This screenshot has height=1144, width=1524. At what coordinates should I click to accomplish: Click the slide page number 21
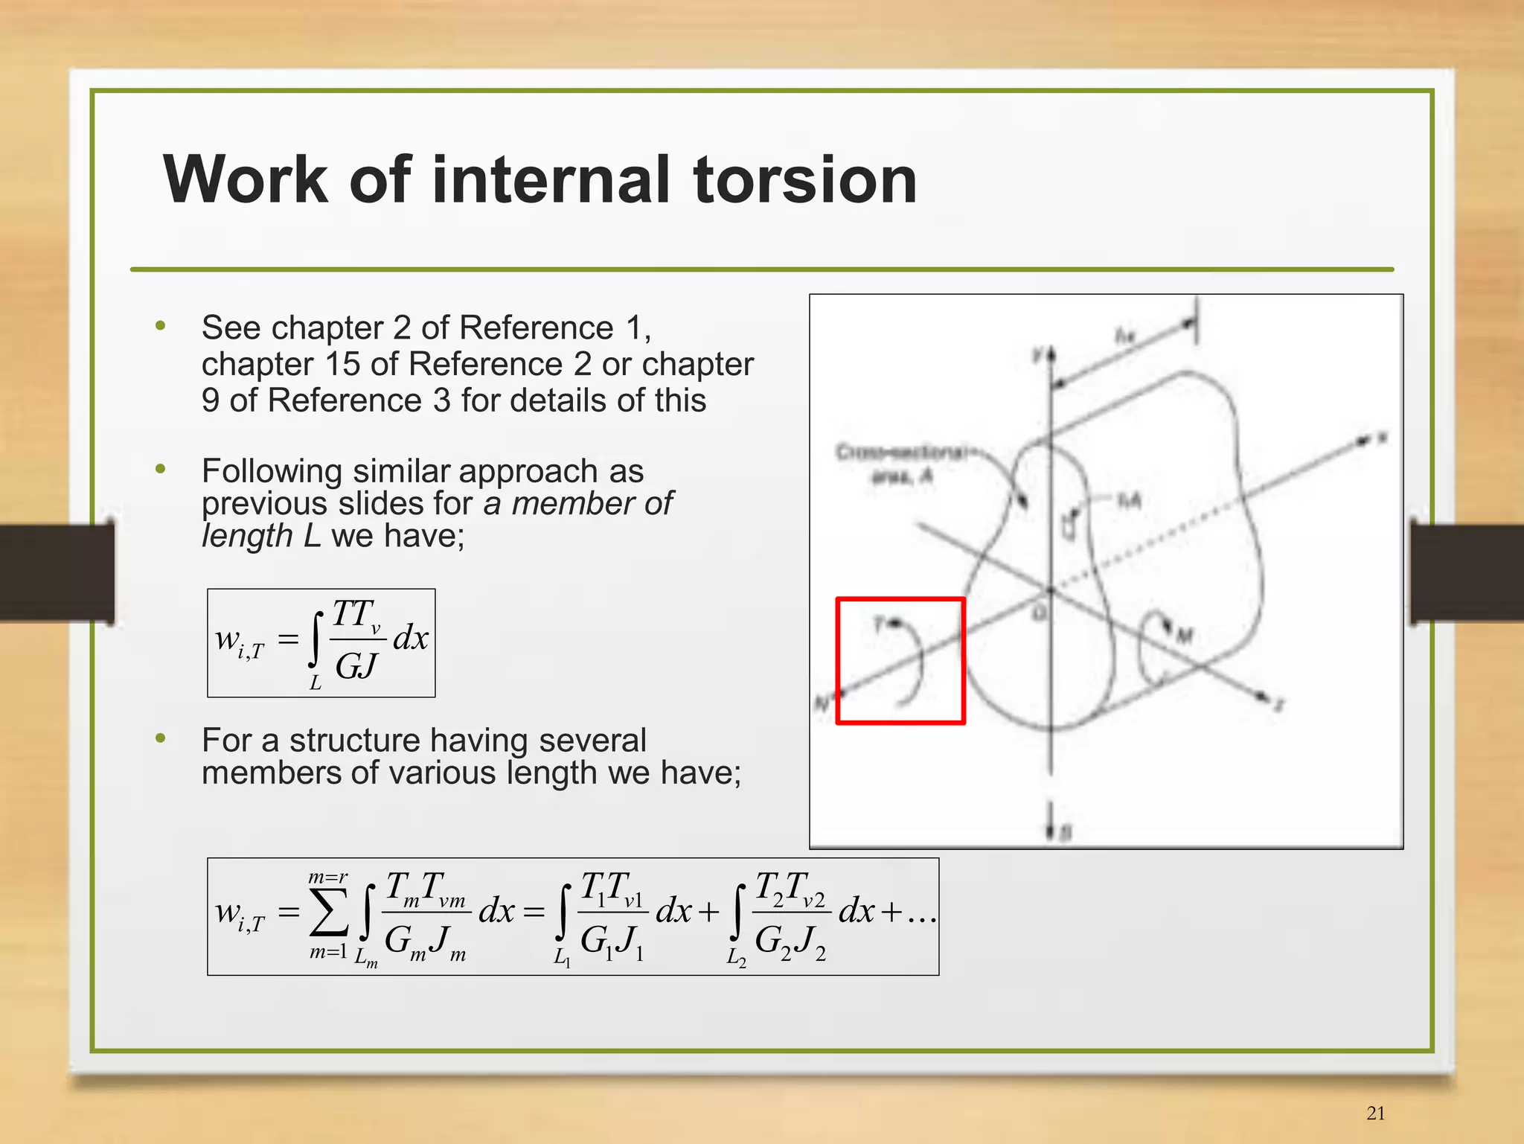pos(1376,1113)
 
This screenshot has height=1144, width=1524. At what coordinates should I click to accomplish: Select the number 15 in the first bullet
pos(342,364)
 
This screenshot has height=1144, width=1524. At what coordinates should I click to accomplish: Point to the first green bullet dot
pos(160,325)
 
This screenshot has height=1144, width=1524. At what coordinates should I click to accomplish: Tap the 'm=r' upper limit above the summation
pos(328,878)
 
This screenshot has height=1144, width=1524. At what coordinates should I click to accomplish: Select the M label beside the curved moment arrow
pos(1184,635)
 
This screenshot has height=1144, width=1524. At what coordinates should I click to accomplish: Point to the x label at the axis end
pos(1382,438)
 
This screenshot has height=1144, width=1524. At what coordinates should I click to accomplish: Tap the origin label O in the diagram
pos(1040,613)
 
